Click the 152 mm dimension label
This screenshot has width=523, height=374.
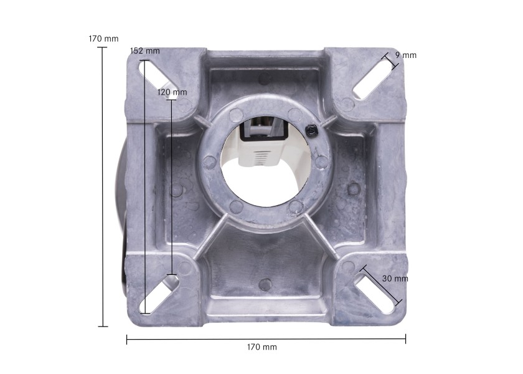click(x=144, y=51)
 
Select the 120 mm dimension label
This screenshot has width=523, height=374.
click(x=172, y=92)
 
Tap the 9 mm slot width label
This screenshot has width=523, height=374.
click(x=406, y=55)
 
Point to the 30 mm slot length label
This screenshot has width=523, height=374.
click(x=395, y=278)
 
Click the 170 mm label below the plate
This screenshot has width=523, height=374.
click(x=262, y=347)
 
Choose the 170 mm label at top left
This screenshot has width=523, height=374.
click(x=103, y=39)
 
